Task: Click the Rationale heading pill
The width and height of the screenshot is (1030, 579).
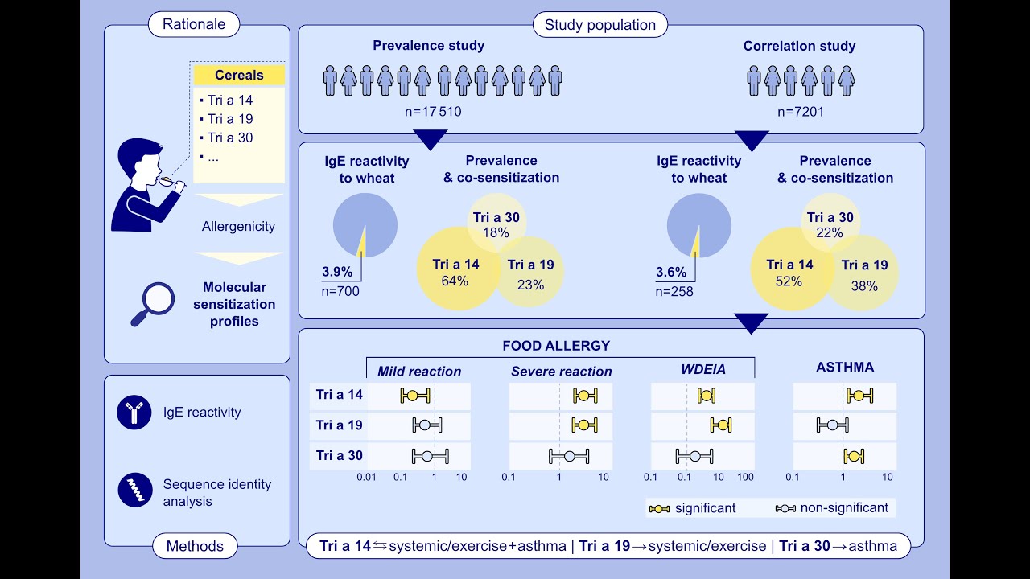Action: click(x=194, y=24)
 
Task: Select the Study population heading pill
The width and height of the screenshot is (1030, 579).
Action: click(x=599, y=25)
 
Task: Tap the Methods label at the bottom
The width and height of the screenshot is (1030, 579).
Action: click(x=194, y=547)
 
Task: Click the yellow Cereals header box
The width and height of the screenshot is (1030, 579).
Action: click(x=239, y=76)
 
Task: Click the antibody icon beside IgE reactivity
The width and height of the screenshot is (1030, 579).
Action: click(x=134, y=413)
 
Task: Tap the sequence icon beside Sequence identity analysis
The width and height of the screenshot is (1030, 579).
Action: click(x=134, y=490)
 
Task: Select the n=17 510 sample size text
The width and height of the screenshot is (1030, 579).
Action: click(x=433, y=112)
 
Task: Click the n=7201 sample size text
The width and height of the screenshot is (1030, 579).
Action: click(x=800, y=112)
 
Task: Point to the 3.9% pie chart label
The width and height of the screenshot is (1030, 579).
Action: click(x=336, y=272)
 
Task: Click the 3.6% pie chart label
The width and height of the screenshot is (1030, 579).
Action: click(x=670, y=272)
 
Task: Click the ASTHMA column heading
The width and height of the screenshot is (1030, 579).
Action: click(x=844, y=368)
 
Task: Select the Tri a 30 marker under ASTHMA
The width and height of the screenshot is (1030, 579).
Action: click(x=854, y=457)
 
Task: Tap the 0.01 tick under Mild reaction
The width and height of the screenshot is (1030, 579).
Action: click(x=367, y=478)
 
